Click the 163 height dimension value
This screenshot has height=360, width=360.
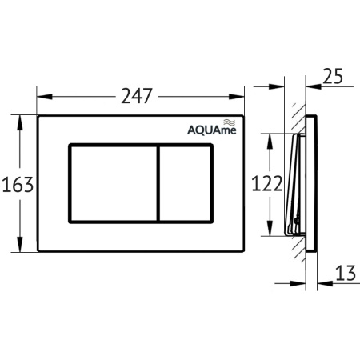[17, 185]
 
